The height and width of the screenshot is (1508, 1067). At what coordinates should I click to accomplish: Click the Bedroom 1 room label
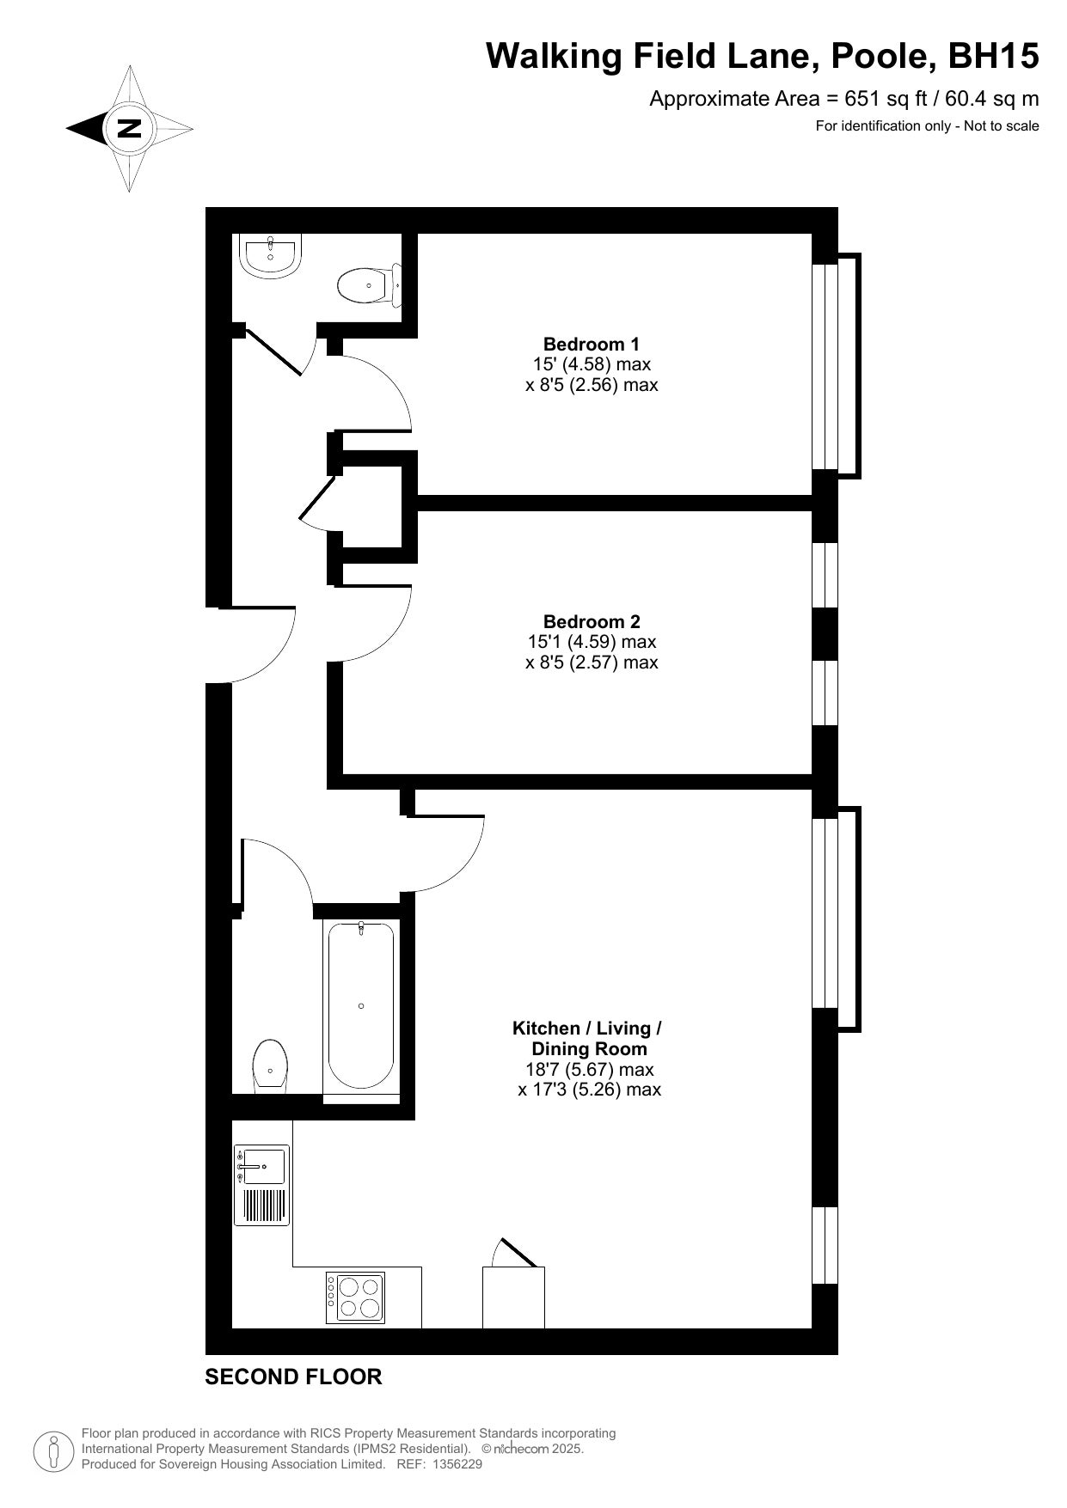click(x=592, y=345)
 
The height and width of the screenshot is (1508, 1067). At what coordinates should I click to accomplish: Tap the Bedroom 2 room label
click(x=592, y=621)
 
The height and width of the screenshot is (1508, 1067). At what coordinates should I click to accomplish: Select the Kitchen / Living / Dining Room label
click(x=588, y=1038)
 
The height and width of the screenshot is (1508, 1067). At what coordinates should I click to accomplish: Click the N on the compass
click(x=129, y=129)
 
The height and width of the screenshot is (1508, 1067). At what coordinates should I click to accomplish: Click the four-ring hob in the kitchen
click(x=356, y=1297)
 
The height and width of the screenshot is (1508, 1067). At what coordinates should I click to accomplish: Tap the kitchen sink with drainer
click(x=261, y=1183)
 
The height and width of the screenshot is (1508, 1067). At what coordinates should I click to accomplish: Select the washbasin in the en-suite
click(x=270, y=255)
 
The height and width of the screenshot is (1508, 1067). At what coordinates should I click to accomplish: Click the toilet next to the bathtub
click(x=270, y=1066)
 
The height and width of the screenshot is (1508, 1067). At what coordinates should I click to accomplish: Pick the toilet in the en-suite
click(x=370, y=285)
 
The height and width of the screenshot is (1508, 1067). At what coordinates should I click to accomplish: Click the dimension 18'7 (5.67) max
click(x=590, y=1070)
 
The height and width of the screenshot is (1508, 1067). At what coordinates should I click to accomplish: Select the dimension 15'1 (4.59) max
click(x=592, y=642)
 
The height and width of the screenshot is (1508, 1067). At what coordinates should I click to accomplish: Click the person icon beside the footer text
click(x=53, y=1451)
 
